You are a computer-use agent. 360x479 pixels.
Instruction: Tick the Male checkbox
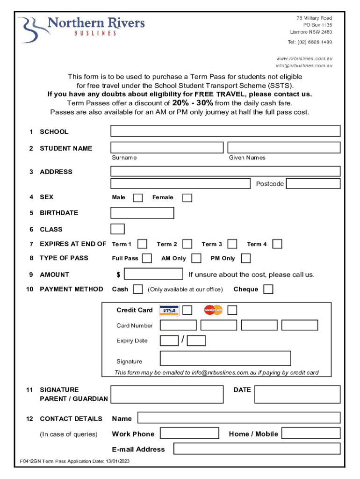pos(138,198)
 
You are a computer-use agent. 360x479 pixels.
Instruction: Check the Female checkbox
pos(187,198)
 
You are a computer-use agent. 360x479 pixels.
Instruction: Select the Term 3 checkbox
pos(232,244)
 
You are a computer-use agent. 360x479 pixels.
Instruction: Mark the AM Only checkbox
pos(196,258)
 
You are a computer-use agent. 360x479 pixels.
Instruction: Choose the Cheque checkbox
pos(268,290)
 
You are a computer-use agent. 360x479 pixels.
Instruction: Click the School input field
pos(225,131)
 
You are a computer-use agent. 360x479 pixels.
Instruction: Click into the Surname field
pos(167,147)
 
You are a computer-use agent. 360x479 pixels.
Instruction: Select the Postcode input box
pos(313,183)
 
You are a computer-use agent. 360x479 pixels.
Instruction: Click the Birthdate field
pos(142,213)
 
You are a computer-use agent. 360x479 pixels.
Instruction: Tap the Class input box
pos(117,229)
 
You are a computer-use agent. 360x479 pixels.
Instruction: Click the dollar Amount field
pos(153,274)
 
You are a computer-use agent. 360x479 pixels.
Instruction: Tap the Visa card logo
pos(169,311)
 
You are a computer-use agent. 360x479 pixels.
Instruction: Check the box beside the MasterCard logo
pos(232,310)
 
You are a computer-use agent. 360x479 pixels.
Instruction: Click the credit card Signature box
pos(225,358)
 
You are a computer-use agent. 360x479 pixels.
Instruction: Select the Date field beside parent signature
pos(297,394)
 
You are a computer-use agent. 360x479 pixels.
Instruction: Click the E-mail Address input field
pos(257,449)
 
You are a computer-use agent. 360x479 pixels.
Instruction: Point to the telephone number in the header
pos(310,42)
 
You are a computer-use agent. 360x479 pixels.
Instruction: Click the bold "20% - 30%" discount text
pos(193,103)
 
